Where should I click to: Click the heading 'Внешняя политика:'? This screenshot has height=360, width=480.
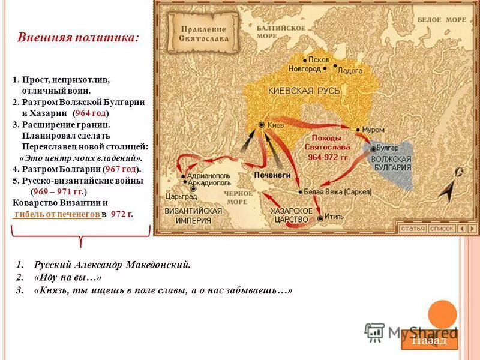pyautogui.click(x=79, y=37)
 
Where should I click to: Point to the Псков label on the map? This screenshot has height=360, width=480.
pyautogui.click(x=320, y=60)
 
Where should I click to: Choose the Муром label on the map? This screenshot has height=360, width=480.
pyautogui.click(x=373, y=130)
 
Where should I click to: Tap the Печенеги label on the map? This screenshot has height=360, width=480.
pyautogui.click(x=272, y=173)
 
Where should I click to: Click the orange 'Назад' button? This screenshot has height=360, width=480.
pyautogui.click(x=428, y=340)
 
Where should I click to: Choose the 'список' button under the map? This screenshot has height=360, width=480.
pyautogui.click(x=442, y=229)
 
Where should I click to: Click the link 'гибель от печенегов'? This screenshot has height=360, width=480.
pyautogui.click(x=56, y=214)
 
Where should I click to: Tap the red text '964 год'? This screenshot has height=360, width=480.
pyautogui.click(x=91, y=113)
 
